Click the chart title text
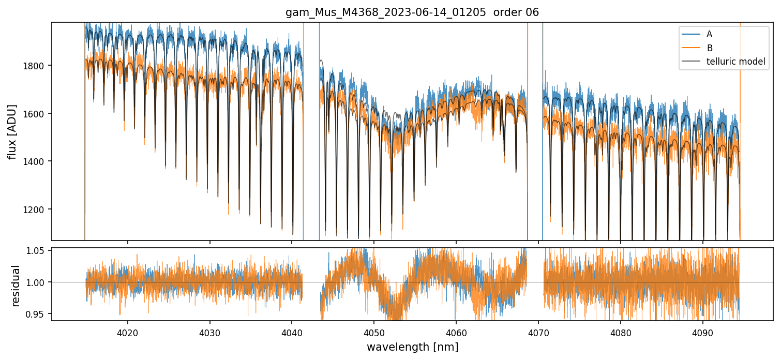click(412, 12)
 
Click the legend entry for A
click(709, 34)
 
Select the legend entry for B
click(709, 48)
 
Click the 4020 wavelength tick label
click(127, 332)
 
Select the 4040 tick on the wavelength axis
click(292, 332)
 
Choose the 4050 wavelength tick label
click(374, 332)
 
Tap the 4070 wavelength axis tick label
click(538, 332)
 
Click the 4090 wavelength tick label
click(703, 332)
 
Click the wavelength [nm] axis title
click(412, 347)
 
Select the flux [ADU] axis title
click(12, 131)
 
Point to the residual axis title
click(16, 286)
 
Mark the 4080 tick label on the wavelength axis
click(621, 332)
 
